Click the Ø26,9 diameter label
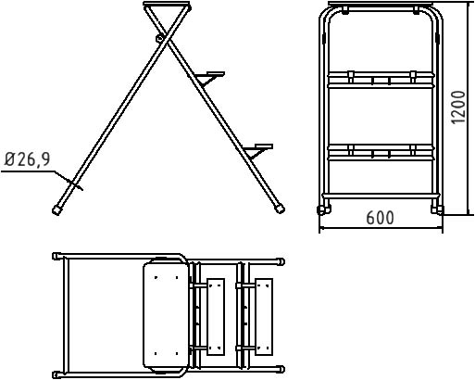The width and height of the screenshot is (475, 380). point(27,159)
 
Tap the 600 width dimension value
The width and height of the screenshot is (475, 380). point(380,218)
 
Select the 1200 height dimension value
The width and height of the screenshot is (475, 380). point(458,108)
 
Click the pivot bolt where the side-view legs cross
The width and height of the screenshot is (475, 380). point(159,38)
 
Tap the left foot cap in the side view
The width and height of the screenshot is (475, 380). point(56,210)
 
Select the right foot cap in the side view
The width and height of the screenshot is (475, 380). point(280,209)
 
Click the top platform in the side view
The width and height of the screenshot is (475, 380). point(167,4)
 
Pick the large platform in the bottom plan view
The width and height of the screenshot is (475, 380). point(165,315)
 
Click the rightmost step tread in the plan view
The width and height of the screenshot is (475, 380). point(264,317)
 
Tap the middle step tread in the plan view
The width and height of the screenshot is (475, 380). point(216,317)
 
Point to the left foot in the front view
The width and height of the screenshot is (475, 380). point(324,210)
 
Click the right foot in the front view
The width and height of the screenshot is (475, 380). point(437,210)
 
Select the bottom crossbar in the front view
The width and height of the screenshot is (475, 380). point(381,196)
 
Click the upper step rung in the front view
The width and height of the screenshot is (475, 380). point(381,80)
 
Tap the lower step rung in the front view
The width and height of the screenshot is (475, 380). point(381,152)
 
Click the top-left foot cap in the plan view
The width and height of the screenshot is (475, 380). point(56,257)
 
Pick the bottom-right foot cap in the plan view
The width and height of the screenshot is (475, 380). point(281,369)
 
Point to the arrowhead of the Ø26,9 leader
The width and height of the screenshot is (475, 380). point(73,183)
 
